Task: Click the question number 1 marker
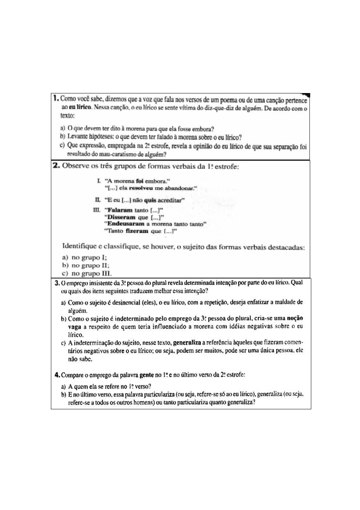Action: (56, 98)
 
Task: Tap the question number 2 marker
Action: (56, 166)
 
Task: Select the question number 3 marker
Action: (57, 283)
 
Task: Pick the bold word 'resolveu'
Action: (141, 188)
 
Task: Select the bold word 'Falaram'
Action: (118, 210)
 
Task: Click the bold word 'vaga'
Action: (74, 326)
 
